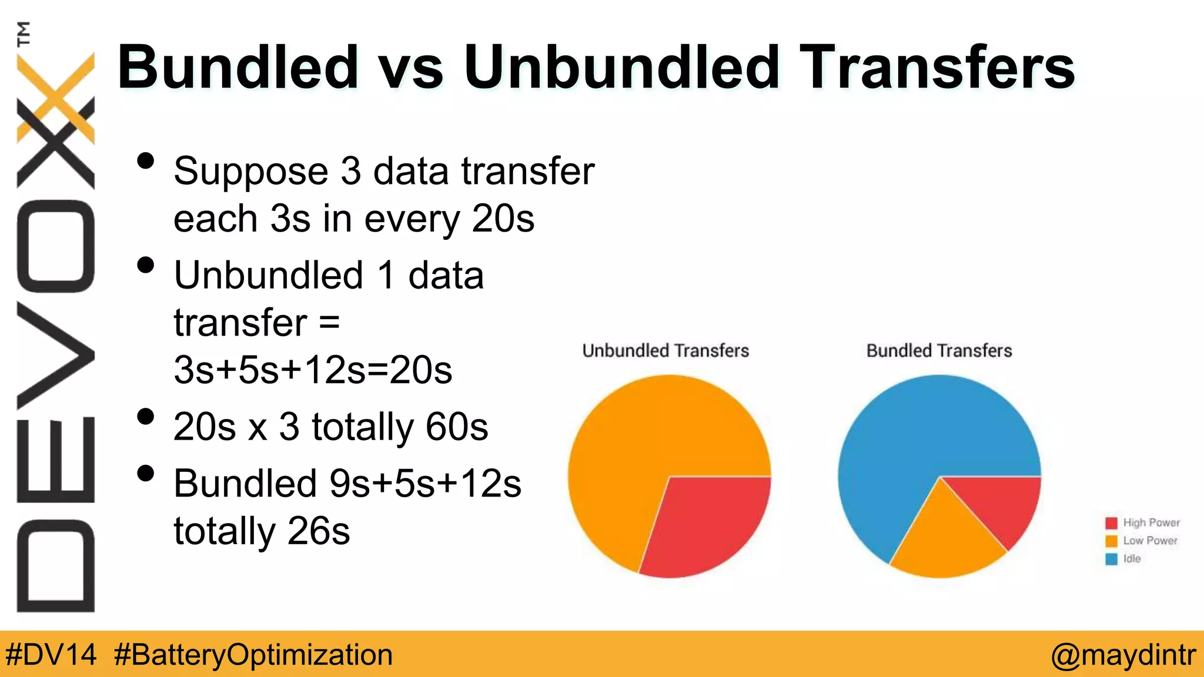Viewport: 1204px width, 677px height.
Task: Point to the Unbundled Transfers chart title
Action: (665, 351)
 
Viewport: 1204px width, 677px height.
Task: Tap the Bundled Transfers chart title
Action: (939, 351)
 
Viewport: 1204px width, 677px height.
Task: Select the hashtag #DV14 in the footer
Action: (51, 655)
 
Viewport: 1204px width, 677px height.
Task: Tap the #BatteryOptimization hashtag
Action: (253, 655)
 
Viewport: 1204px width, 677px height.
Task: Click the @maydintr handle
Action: (1123, 655)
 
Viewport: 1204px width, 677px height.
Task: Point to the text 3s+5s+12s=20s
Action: (313, 370)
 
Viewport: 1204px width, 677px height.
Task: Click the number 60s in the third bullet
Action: (457, 427)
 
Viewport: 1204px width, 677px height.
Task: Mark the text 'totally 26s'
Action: (262, 531)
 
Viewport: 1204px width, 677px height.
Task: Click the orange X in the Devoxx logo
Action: (56, 97)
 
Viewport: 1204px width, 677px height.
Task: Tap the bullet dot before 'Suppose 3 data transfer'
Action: (145, 161)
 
